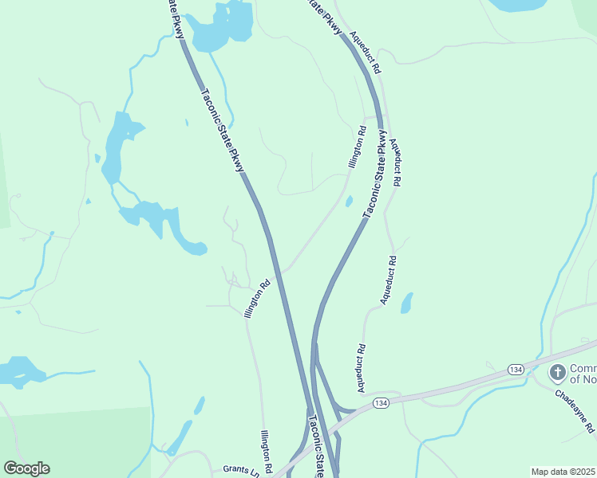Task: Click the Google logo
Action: [26, 468]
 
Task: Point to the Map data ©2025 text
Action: [563, 472]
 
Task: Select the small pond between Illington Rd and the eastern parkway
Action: [349, 202]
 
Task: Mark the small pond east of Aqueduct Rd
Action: [407, 303]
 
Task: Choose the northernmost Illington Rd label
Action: [357, 147]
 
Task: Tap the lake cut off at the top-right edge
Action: [528, 5]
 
